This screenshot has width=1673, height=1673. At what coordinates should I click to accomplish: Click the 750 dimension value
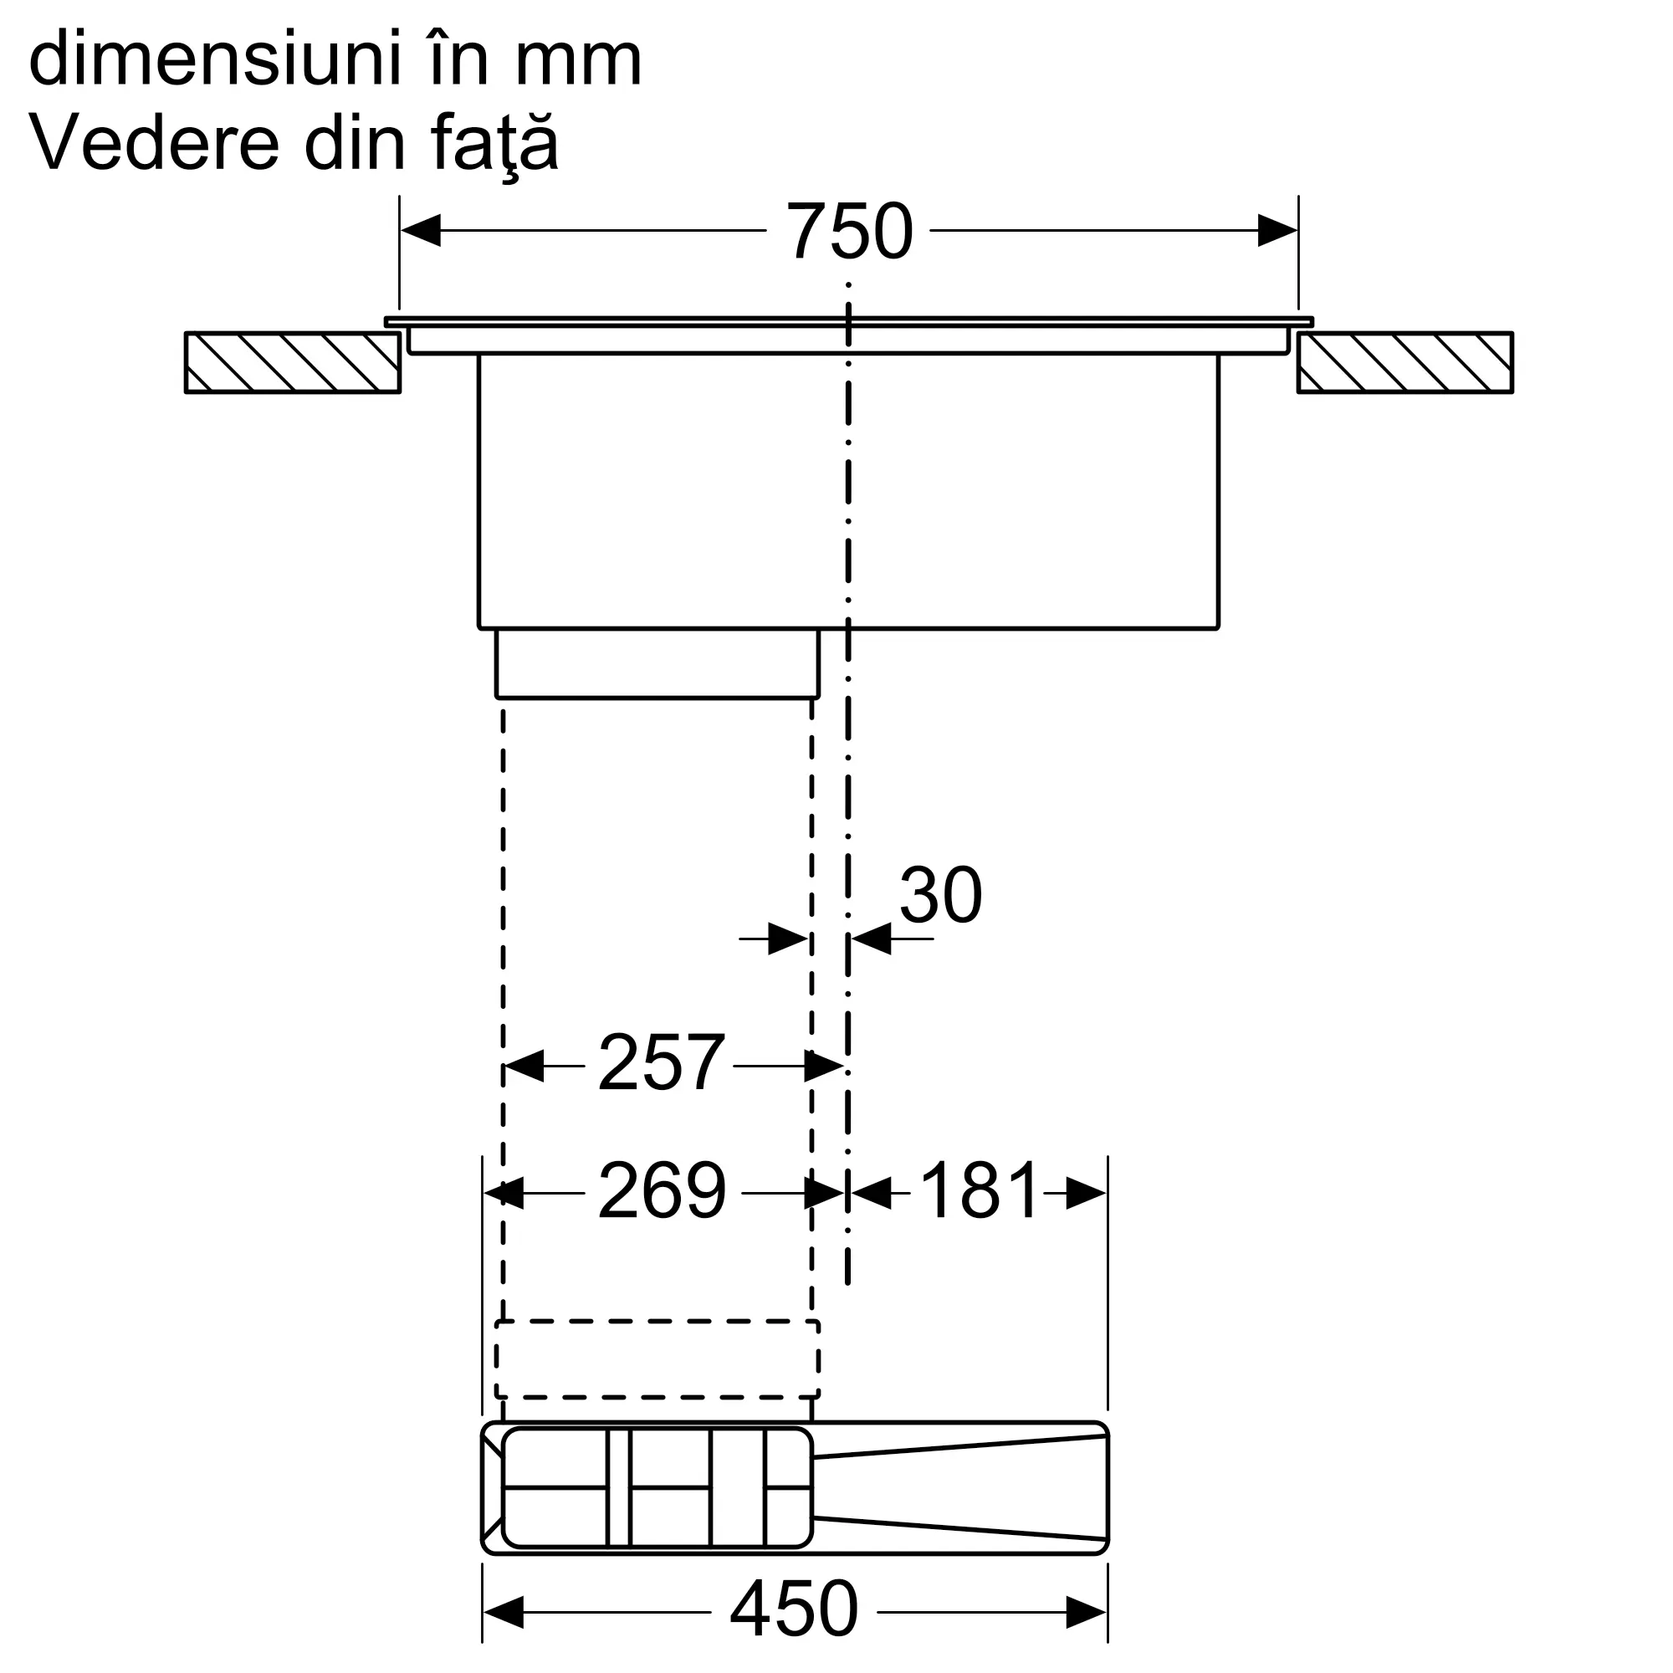(x=848, y=231)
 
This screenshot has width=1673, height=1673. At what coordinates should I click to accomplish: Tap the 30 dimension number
(x=940, y=894)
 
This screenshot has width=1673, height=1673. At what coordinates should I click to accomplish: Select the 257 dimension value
(x=661, y=1062)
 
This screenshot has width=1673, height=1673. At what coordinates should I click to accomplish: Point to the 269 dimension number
(x=662, y=1190)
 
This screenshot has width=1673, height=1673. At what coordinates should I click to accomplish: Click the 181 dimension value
(x=979, y=1190)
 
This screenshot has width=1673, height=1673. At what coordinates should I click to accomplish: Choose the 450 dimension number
(x=794, y=1608)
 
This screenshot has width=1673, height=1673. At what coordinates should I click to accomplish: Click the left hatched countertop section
(x=293, y=363)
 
